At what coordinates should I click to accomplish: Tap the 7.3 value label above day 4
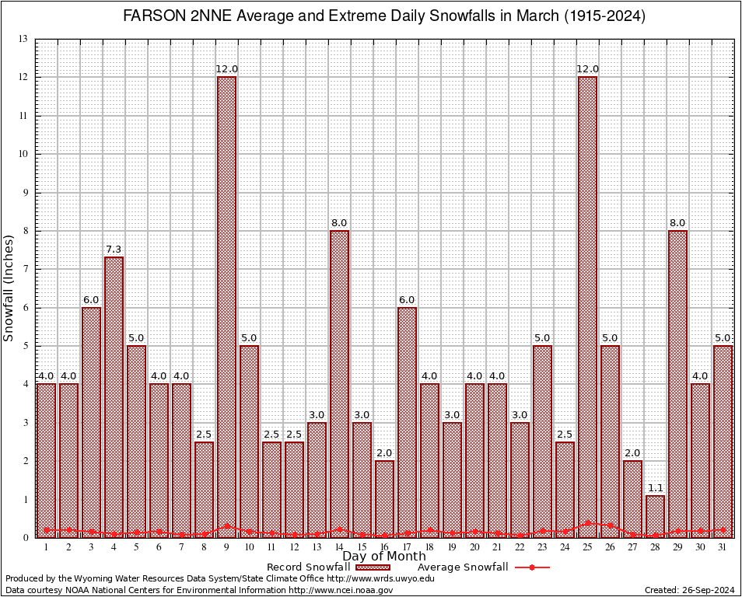pos(114,250)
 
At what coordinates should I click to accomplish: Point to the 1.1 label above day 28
pos(655,488)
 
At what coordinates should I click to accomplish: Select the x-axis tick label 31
pos(723,547)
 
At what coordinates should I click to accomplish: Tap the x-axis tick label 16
pos(384,547)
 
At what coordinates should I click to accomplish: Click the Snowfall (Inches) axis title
pos(9,288)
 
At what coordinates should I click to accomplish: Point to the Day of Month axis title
pos(384,557)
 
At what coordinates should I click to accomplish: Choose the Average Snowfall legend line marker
pos(532,567)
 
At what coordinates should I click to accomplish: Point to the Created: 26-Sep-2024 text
pos(689,590)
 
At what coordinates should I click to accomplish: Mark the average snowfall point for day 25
pos(587,523)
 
